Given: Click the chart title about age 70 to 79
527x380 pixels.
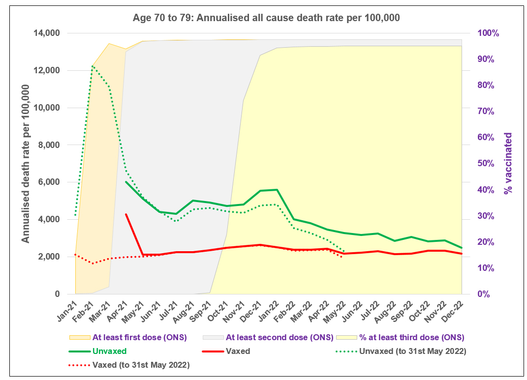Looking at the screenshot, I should point(266,18).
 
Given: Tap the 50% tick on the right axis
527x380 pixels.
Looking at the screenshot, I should point(486,164).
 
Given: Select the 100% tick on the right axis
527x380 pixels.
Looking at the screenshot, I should point(486,33).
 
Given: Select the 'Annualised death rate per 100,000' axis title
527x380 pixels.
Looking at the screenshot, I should point(26,164).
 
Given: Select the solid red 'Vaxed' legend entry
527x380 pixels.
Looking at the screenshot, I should point(238,351).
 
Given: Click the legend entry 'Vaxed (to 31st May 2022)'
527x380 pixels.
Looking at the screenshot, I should point(141,365).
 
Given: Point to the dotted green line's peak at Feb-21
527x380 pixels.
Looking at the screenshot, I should point(92,65).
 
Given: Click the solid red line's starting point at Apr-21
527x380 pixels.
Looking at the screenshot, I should point(126,214).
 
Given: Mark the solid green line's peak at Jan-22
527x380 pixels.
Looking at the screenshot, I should point(277,190).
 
